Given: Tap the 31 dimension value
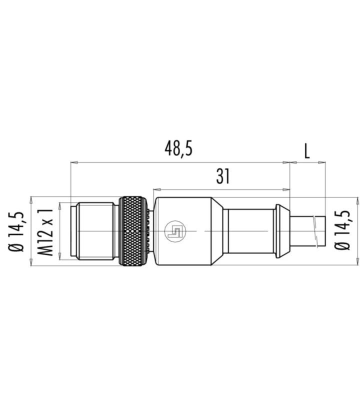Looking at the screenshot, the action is pos(223,176).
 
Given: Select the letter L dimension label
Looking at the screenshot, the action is pos(307,151).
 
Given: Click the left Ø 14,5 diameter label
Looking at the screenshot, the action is pos(17,231).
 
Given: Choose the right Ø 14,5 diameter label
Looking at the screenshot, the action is pos(342,230).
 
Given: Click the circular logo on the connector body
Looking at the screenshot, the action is pos(175,231).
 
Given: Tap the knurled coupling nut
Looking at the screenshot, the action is pos(133,231).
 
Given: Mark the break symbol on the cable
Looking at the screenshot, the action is pos(315,231).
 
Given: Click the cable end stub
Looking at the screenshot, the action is pos(307,231).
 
